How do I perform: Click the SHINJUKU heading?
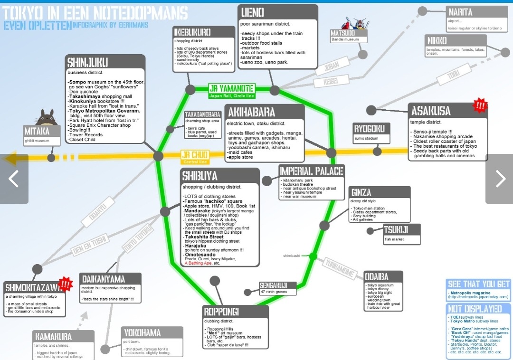(88, 62)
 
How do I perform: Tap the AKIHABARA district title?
(252, 113)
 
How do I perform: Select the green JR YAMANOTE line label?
(232, 88)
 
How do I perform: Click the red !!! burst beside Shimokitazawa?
(65, 285)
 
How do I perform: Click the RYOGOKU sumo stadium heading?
(371, 129)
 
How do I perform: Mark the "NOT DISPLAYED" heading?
(475, 309)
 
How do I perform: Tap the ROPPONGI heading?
(222, 312)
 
